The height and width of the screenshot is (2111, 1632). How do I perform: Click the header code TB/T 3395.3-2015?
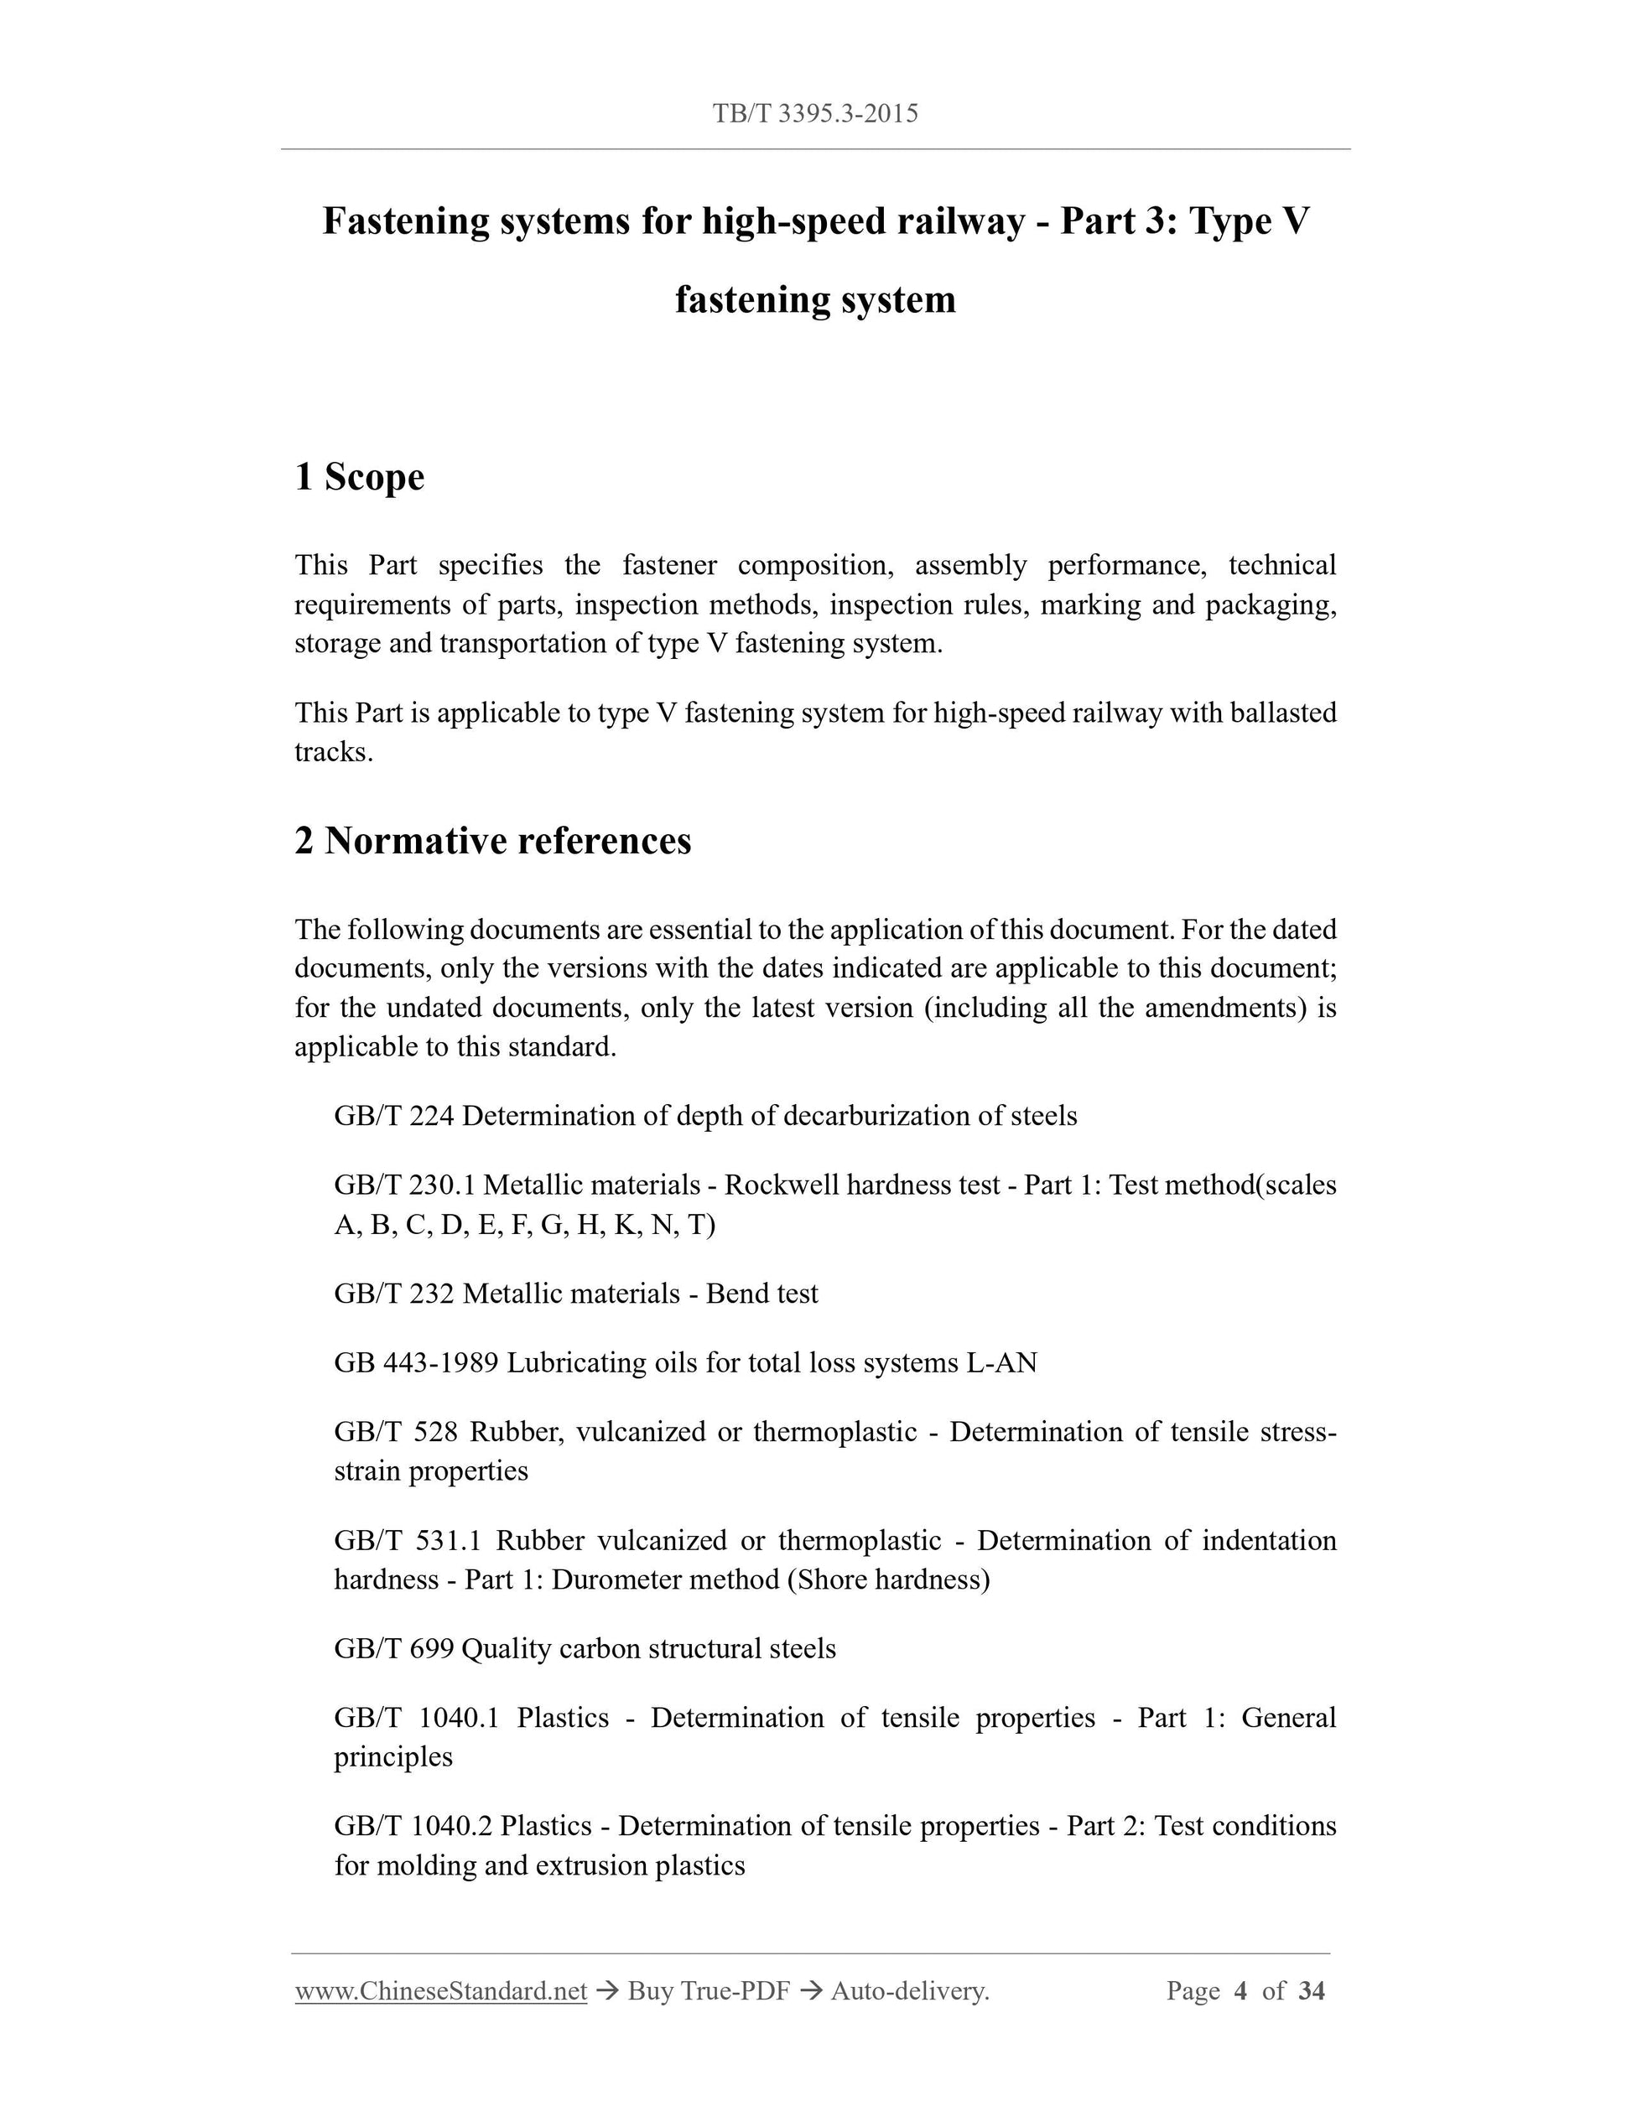(815, 114)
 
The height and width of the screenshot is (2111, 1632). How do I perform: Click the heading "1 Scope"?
(360, 476)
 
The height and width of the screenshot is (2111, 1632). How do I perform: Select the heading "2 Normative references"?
(493, 841)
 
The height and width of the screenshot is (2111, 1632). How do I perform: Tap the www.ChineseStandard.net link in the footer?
(441, 1991)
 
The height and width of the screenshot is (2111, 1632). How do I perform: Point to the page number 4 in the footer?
(1241, 1991)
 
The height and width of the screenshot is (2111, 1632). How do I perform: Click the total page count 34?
(1311, 1991)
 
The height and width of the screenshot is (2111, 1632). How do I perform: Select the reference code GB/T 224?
(393, 1117)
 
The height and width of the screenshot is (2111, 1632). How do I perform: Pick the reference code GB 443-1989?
(416, 1363)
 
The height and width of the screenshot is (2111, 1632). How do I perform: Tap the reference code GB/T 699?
(393, 1648)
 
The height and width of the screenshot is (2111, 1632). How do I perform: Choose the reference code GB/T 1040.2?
(413, 1826)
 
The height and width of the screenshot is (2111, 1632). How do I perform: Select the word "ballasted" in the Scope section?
(1283, 713)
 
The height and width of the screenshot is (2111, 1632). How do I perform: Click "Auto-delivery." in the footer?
(910, 1991)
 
